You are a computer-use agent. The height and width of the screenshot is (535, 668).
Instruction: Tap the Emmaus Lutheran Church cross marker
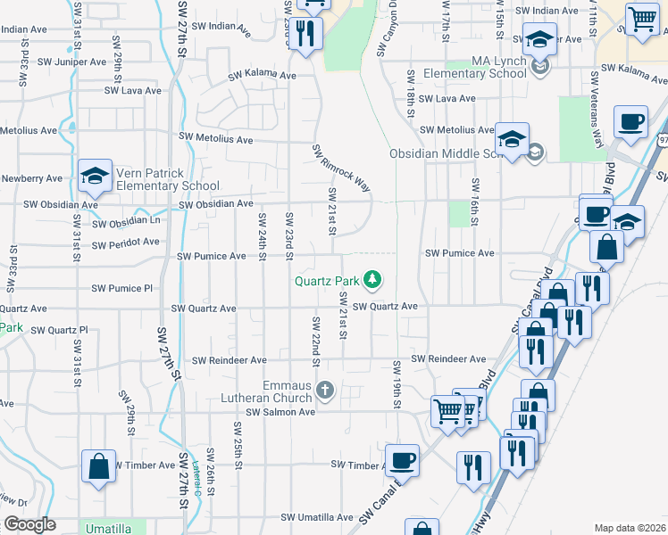tap(325, 390)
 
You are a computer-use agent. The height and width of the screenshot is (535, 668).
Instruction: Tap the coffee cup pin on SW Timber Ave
tap(403, 460)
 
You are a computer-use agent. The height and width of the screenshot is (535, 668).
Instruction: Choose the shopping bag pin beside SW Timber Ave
tap(98, 466)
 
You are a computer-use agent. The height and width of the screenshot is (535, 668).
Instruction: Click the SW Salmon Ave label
tap(281, 412)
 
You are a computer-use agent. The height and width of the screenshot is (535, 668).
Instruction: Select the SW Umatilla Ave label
tap(317, 517)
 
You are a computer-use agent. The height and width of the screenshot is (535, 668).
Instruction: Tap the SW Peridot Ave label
tap(125, 242)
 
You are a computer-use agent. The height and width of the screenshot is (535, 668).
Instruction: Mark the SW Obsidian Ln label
tap(126, 221)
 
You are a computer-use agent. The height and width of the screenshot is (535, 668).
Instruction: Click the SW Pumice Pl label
tap(122, 289)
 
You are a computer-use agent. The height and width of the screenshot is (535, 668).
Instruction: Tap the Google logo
tap(29, 524)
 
